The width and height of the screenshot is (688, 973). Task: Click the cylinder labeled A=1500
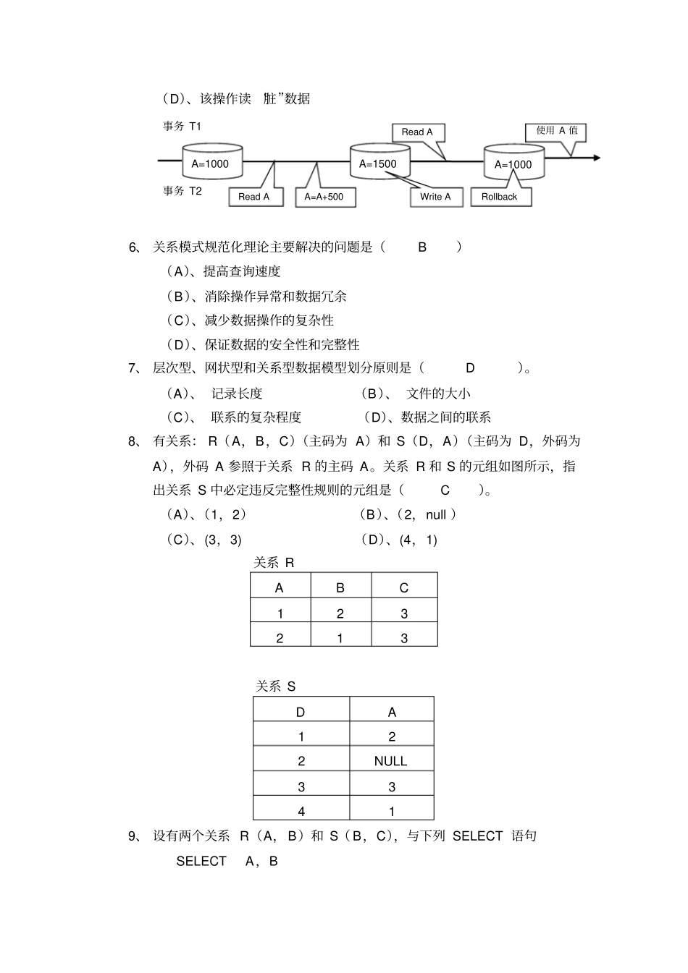(379, 163)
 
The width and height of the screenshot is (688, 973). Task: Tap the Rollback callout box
(500, 197)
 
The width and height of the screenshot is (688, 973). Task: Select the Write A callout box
(435, 197)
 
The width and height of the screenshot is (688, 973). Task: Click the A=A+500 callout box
(324, 197)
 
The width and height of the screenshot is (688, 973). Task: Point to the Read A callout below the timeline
(253, 197)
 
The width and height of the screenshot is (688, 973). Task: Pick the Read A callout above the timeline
(417, 132)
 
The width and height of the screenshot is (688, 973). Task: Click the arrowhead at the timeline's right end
(596, 157)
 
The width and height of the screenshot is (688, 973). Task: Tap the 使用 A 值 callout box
(556, 131)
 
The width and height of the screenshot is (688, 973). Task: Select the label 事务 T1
(182, 127)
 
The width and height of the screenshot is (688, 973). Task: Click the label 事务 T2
(182, 191)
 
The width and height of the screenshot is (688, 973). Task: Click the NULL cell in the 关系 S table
(391, 761)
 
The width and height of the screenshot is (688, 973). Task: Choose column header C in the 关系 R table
(404, 588)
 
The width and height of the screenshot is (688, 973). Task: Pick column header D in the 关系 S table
(301, 713)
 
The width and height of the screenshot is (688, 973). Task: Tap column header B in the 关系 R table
(340, 588)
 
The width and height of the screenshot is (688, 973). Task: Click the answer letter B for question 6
(422, 247)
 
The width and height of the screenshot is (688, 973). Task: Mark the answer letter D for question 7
(470, 368)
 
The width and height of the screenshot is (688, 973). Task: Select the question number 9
(133, 836)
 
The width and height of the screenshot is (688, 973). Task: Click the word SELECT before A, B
(201, 862)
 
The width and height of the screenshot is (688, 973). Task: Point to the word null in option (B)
(436, 515)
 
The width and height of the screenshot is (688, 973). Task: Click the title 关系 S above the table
(276, 687)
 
